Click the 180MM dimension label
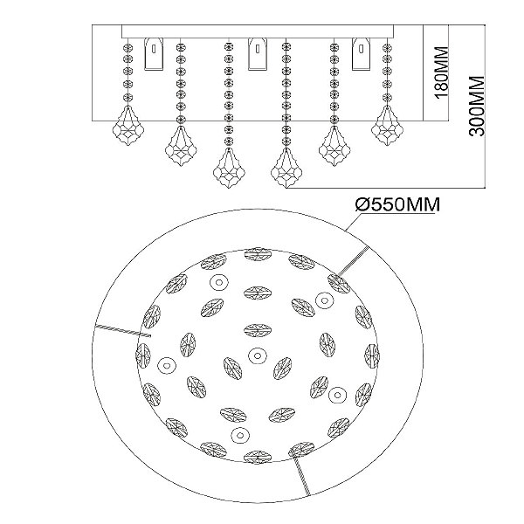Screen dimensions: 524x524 click(x=441, y=72)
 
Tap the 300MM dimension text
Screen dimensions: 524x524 click(x=477, y=107)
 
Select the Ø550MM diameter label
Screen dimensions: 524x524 click(x=397, y=204)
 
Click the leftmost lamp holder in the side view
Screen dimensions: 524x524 click(x=154, y=54)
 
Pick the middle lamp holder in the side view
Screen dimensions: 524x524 click(x=258, y=54)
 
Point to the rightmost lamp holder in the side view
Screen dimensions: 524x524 click(x=362, y=54)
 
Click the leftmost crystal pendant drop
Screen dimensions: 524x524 click(x=128, y=126)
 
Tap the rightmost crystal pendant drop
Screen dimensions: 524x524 click(x=387, y=126)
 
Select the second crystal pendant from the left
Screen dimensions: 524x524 click(x=181, y=147)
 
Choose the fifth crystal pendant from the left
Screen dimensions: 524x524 click(x=334, y=147)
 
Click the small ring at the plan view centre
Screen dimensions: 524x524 click(x=257, y=355)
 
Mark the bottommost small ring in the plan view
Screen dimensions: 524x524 click(x=239, y=435)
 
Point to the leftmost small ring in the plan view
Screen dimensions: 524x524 click(x=167, y=364)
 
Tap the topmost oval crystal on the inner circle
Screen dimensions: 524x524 click(x=258, y=254)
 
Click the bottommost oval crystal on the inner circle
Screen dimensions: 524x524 click(x=258, y=457)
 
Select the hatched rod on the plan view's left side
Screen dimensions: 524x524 click(x=123, y=331)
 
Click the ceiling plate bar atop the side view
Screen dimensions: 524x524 click(x=258, y=31)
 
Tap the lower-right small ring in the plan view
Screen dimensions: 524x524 click(x=337, y=396)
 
